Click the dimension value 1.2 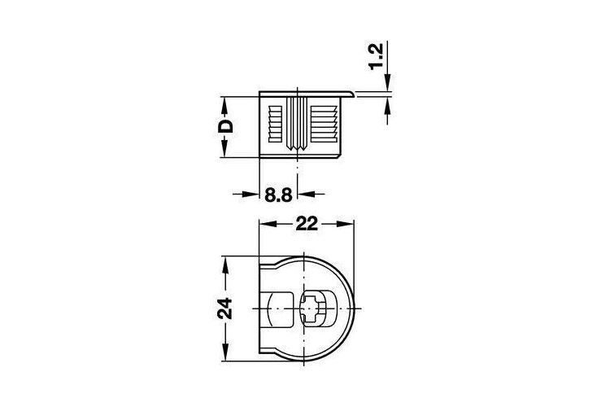(x=377, y=56)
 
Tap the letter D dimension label (x=225, y=126)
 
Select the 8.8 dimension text (x=278, y=195)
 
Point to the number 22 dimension (x=307, y=224)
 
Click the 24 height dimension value (x=224, y=309)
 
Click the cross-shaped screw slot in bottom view (x=311, y=309)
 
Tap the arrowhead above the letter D (x=224, y=105)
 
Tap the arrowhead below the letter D (x=224, y=149)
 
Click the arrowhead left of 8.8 (x=251, y=194)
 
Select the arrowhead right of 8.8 (x=306, y=194)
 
